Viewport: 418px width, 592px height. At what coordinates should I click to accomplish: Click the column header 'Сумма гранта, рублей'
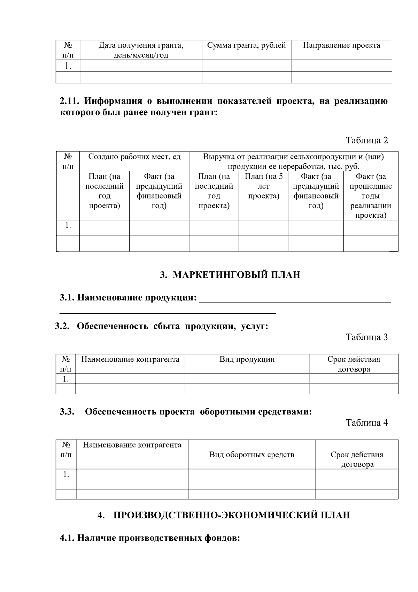click(246, 45)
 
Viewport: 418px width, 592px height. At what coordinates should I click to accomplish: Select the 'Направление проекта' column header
click(341, 45)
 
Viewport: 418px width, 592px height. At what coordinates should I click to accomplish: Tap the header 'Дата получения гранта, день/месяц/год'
click(141, 50)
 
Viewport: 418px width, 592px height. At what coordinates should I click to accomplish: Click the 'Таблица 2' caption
click(366, 140)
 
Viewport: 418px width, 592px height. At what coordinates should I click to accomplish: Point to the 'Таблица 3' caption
click(366, 337)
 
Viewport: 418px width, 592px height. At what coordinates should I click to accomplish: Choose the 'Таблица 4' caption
click(366, 422)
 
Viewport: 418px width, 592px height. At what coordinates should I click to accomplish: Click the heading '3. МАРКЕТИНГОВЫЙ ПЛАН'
click(230, 275)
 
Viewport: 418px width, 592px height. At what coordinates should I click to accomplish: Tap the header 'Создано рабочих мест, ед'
click(134, 157)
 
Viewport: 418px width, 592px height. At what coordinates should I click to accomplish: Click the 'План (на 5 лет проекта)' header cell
click(264, 186)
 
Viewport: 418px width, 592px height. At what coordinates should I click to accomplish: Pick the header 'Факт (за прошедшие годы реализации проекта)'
click(371, 196)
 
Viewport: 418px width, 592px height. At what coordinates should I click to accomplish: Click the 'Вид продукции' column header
click(247, 359)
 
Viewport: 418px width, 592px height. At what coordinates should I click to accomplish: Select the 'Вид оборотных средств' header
click(251, 455)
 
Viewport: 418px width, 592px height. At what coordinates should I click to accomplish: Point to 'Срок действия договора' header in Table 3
click(354, 364)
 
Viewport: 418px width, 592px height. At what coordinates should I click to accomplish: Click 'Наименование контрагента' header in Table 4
click(132, 445)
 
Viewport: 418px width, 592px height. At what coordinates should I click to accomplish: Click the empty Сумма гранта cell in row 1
click(246, 66)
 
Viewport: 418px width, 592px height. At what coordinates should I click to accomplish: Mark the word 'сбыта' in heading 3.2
click(167, 326)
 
